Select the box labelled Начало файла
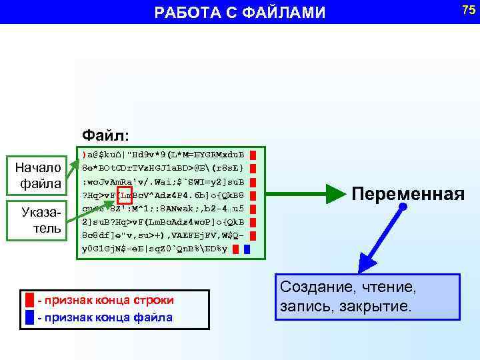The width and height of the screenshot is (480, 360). (41, 174)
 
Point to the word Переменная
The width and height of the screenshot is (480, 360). (407, 194)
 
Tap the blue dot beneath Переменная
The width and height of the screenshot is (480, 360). (403, 209)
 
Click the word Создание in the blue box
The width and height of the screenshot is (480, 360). (317, 287)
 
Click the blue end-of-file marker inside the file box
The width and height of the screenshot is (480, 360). (247, 250)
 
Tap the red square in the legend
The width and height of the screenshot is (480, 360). (29, 300)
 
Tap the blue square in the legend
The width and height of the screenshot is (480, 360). (29, 317)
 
